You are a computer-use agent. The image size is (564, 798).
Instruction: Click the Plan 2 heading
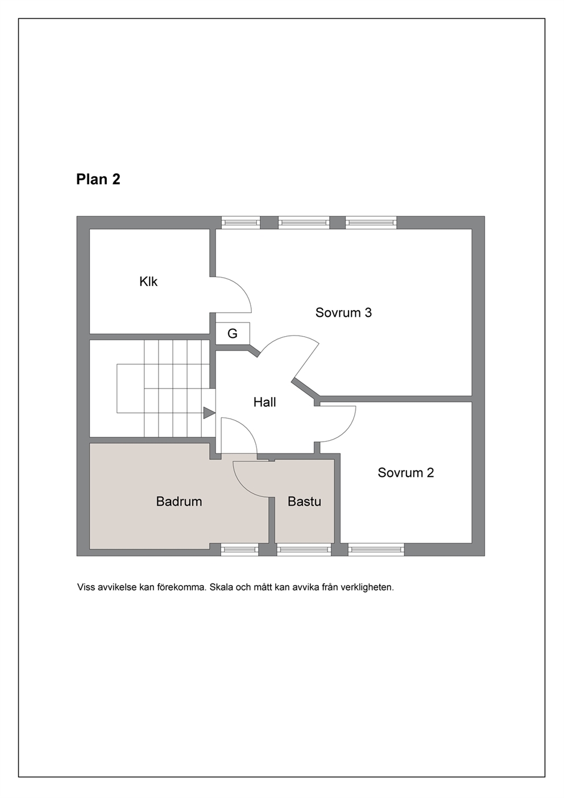tap(98, 179)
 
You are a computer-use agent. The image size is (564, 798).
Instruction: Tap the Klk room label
tap(148, 282)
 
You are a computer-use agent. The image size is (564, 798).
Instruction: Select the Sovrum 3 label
tap(343, 312)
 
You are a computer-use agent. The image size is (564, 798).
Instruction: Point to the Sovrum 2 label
tap(405, 473)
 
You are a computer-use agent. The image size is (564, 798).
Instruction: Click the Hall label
tap(264, 402)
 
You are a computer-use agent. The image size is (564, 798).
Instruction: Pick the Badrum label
tap(179, 501)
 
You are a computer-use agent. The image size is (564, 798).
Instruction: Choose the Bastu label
tap(304, 501)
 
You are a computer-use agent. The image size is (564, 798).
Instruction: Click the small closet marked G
tap(233, 333)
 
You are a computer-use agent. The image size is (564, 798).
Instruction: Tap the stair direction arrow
tap(209, 413)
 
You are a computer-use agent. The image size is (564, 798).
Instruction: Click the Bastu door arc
tap(242, 487)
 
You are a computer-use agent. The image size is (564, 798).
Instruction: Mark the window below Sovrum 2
tap(376, 549)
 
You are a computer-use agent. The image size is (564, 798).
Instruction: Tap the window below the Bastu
tap(304, 549)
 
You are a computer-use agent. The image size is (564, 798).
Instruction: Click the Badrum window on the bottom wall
tap(239, 549)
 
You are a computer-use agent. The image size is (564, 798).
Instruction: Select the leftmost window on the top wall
tap(241, 222)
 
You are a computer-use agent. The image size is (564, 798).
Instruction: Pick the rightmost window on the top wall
tap(371, 222)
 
